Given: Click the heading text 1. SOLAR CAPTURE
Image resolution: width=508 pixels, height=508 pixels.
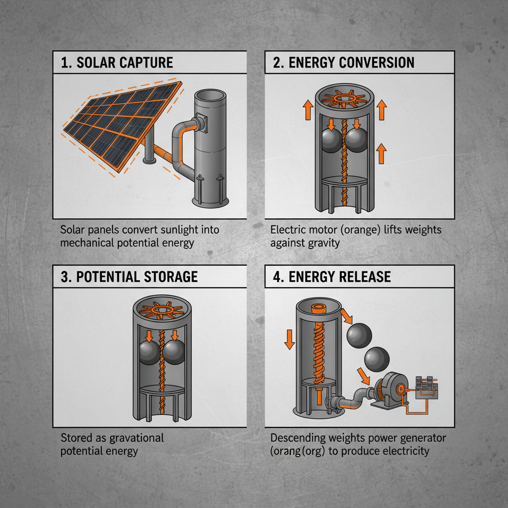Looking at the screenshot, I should (x=117, y=63).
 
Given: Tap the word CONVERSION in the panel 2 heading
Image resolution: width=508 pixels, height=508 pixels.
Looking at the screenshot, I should (x=377, y=63).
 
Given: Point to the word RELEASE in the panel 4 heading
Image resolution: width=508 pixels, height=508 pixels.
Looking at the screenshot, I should (x=365, y=276).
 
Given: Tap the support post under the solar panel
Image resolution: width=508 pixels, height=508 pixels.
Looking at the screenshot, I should (x=147, y=146).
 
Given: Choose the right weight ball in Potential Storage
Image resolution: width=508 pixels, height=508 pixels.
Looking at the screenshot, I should (x=175, y=353).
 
